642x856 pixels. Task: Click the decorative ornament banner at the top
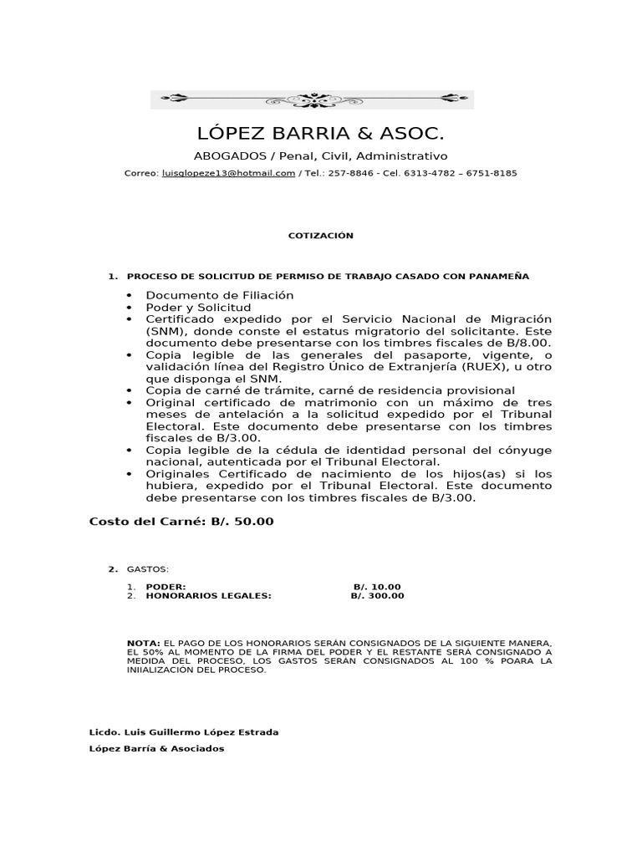coord(312,99)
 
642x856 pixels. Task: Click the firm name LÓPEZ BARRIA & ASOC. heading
coord(320,134)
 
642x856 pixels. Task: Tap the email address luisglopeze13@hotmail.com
coord(228,174)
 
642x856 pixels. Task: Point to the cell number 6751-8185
coord(494,174)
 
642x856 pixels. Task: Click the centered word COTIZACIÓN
coord(321,236)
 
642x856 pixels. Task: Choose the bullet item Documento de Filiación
coord(220,296)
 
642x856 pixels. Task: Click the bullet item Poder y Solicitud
coord(198,308)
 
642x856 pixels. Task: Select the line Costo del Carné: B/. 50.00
coord(181,522)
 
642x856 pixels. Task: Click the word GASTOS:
coord(147,569)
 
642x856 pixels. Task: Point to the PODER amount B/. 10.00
coord(377,587)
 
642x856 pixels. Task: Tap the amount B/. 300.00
coord(377,596)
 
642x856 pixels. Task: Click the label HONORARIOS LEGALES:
coord(209,596)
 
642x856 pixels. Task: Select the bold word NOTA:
coord(144,643)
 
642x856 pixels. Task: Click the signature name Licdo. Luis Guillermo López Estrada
coord(184,732)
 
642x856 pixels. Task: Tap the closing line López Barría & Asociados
coord(157,749)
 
